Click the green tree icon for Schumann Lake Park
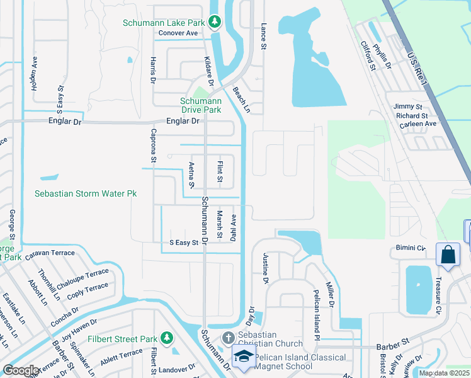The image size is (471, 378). point(215,22)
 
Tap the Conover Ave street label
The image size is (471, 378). point(178,33)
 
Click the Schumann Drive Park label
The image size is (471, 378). point(200,105)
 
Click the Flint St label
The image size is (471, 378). point(220,172)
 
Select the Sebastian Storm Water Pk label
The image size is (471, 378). point(86,194)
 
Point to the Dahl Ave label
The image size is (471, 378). point(233,227)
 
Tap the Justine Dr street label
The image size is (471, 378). point(265,268)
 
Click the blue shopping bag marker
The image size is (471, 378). point(447,254)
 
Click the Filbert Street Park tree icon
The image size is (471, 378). point(166,339)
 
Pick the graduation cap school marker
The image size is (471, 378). point(242,356)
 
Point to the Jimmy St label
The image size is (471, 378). point(408,107)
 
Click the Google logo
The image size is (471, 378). point(21,370)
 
